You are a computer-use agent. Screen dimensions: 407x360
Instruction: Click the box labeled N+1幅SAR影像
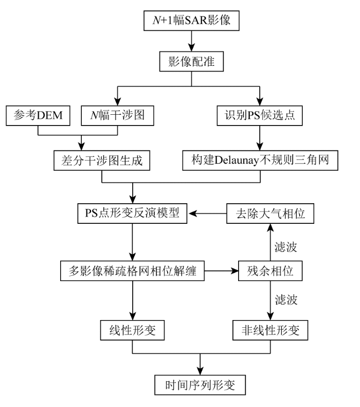click(191, 21)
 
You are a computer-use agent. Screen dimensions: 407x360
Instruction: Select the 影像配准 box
click(191, 61)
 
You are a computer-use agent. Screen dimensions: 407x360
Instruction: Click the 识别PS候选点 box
click(262, 115)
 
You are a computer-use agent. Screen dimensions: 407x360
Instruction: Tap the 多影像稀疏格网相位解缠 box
click(133, 270)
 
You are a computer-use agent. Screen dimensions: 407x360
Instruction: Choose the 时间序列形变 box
click(199, 384)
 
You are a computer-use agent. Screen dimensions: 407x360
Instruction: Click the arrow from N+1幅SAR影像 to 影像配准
click(191, 41)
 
